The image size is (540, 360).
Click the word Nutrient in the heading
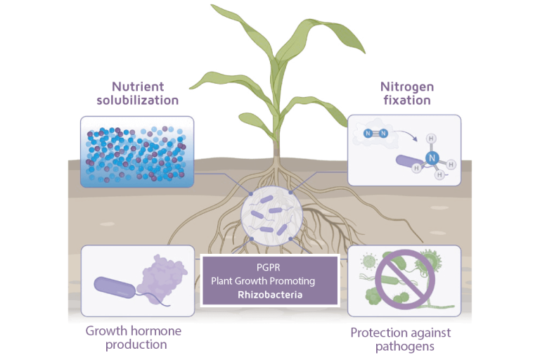[138, 86]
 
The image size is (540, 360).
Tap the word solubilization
[138, 101]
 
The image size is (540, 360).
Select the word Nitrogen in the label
[407, 86]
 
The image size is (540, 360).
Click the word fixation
[407, 101]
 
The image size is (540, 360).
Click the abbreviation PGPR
[270, 268]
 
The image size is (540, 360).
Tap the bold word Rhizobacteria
[270, 295]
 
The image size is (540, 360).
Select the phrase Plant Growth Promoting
[270, 281]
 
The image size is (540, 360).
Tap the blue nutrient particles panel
[137, 152]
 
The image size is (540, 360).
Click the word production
[136, 345]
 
